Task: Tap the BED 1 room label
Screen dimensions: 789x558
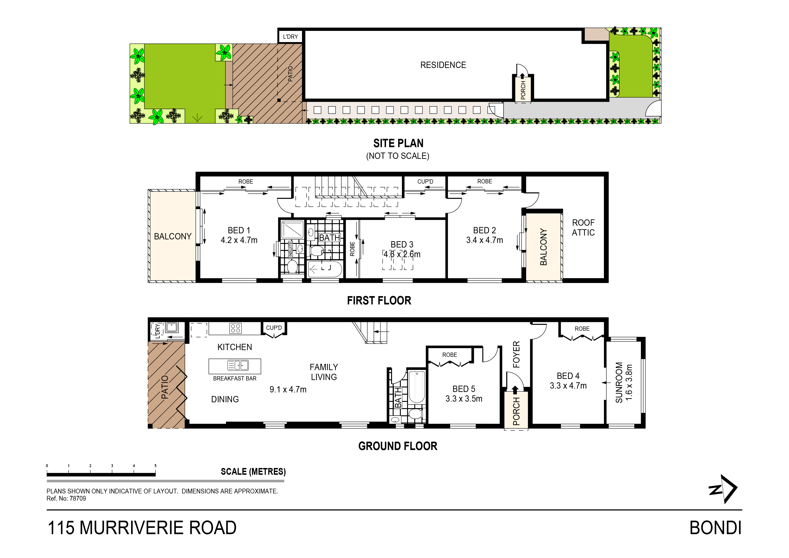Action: pos(239,230)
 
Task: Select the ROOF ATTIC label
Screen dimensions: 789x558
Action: pos(583,228)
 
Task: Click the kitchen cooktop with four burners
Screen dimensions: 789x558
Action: pos(235,328)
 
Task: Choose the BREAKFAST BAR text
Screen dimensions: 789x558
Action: pos(235,378)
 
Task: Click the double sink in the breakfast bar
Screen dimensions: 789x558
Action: pos(238,365)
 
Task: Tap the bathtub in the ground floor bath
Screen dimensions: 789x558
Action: pos(417,387)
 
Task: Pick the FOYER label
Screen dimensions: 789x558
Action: pos(516,354)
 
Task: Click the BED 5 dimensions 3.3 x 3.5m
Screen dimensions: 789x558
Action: pos(464,399)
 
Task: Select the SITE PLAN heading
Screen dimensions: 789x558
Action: pos(398,143)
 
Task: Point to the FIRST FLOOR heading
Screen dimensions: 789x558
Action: pos(379,301)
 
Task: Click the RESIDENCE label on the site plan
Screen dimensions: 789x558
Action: pos(443,65)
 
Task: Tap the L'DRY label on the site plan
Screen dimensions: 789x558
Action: pos(290,37)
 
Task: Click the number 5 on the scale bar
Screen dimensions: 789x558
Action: pos(155,466)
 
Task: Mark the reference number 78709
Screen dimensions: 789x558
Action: pos(78,499)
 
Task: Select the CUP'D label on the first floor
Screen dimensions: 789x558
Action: pos(425,182)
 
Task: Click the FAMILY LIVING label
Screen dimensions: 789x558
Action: pos(324,372)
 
